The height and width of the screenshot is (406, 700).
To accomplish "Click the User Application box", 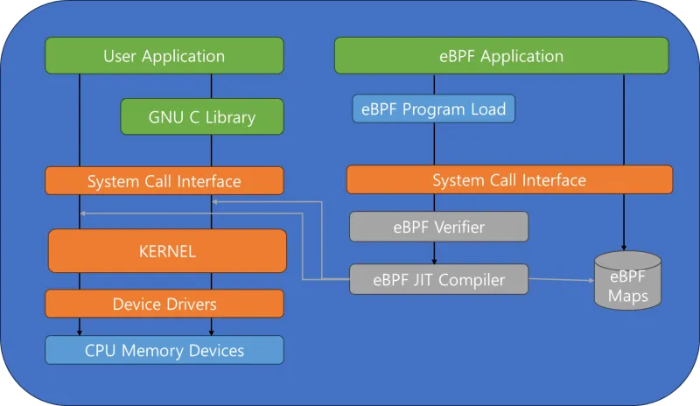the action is [164, 55].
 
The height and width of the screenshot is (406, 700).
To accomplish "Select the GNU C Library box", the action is [202, 116].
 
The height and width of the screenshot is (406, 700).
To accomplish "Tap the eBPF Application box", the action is [501, 55].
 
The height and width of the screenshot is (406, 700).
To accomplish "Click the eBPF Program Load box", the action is [433, 108].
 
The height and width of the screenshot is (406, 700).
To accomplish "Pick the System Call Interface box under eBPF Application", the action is [509, 179].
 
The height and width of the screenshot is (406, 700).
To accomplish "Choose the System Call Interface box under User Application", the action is [164, 181].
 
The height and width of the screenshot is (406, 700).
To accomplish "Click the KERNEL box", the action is [167, 251].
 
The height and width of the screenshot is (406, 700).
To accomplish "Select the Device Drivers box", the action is [164, 304].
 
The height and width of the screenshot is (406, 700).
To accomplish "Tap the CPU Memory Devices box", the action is [164, 350].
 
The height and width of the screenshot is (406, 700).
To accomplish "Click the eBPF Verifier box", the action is [439, 227].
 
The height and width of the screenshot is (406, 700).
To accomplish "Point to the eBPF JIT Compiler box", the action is [439, 280].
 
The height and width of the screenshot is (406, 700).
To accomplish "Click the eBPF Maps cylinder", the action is [627, 281].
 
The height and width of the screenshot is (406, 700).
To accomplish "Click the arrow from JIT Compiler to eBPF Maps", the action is [562, 280].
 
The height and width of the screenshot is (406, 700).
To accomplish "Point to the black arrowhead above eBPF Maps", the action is [624, 248].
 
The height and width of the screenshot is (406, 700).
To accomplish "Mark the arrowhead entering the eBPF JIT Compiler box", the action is [434, 262].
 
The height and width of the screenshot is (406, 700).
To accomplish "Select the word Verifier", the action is [461, 227].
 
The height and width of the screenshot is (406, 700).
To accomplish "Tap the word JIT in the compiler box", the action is [422, 280].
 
